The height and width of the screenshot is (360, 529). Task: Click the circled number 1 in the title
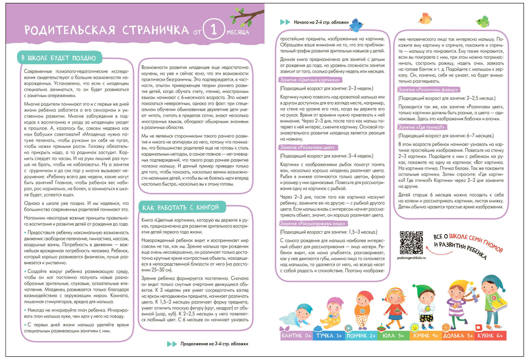[214, 29]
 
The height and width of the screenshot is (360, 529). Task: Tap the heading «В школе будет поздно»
[59, 58]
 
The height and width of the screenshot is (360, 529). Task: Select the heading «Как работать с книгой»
[181, 207]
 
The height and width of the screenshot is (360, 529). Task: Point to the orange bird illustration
[425, 19]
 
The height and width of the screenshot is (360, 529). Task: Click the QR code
[411, 243]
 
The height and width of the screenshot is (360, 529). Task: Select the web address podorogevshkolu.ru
[412, 258]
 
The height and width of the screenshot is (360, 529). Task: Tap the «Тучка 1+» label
[329, 336]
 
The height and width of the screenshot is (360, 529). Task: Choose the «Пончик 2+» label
[361, 336]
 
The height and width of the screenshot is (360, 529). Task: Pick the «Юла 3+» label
[393, 336]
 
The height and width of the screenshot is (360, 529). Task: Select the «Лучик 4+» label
[426, 336]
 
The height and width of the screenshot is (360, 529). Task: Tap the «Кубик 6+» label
[490, 336]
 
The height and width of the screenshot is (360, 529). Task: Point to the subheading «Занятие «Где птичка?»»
[421, 127]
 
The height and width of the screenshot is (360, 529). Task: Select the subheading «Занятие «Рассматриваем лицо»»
[313, 224]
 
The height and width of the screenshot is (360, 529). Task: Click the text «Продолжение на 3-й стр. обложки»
[214, 344]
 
